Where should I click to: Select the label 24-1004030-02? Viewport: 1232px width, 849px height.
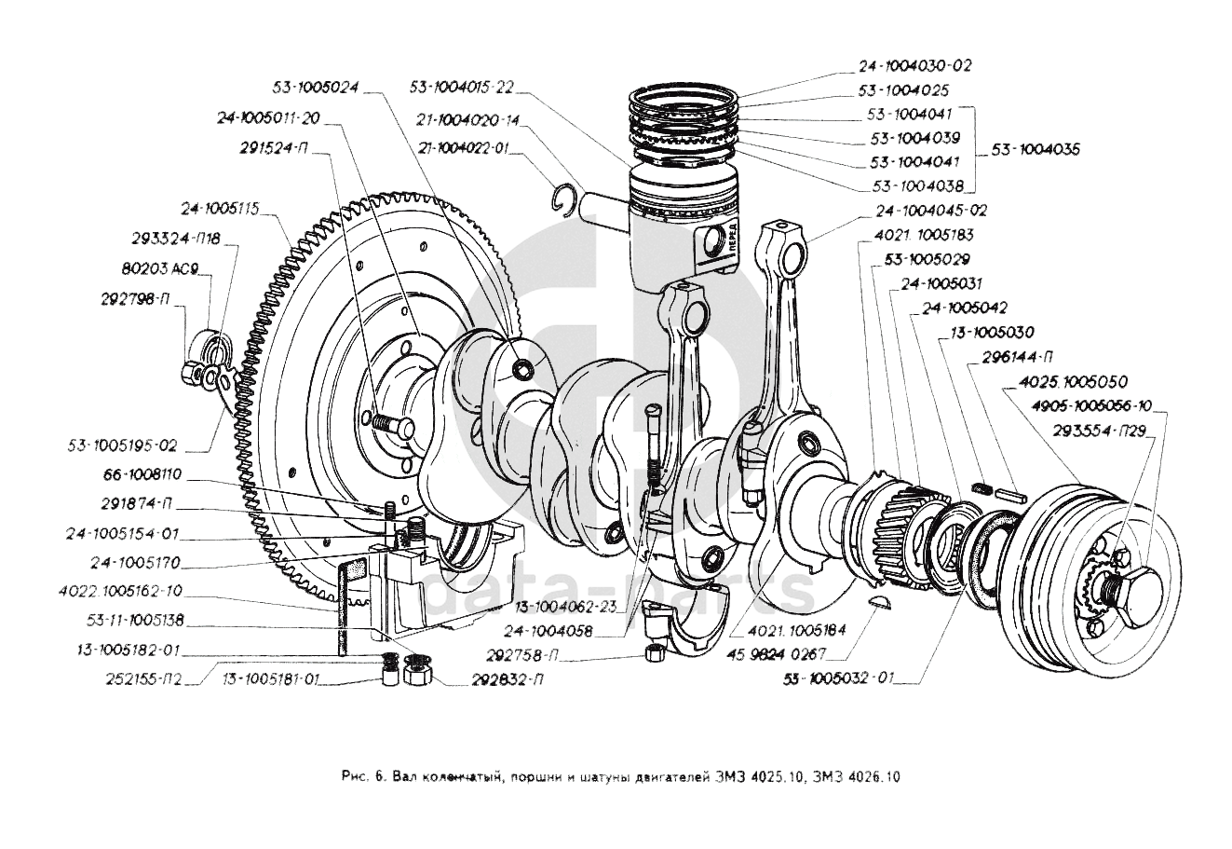coord(914,66)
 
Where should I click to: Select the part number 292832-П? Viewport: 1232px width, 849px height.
coord(509,679)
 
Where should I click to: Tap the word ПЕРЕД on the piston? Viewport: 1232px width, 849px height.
coord(733,240)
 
